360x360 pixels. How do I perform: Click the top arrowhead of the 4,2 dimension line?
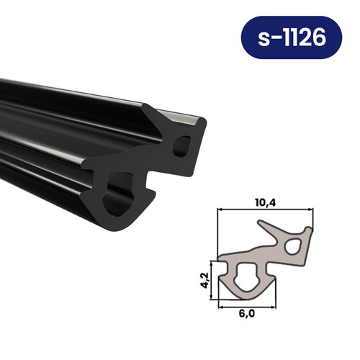tap(212, 261)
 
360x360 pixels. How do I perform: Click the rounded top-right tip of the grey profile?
tap(310, 230)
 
